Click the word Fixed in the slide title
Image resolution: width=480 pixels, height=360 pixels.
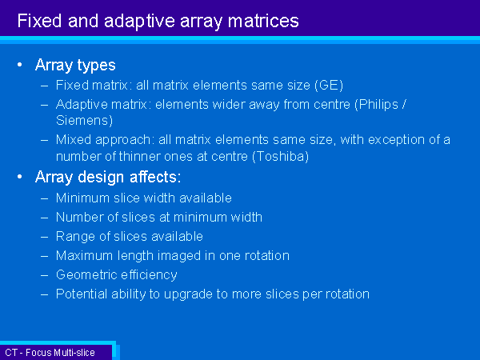click(39, 21)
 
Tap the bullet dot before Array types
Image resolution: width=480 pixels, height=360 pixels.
click(20, 65)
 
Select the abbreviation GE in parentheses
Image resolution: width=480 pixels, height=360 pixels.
click(329, 85)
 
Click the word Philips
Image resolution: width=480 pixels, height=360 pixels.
click(378, 105)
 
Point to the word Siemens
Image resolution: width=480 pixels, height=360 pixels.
click(82, 120)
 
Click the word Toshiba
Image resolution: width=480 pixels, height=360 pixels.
click(280, 157)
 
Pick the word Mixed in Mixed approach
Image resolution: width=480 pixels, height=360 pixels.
click(74, 139)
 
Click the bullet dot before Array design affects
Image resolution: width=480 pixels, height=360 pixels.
click(20, 177)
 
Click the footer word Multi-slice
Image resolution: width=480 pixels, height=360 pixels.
click(75, 353)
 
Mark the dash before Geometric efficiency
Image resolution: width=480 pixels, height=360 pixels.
click(44, 275)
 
